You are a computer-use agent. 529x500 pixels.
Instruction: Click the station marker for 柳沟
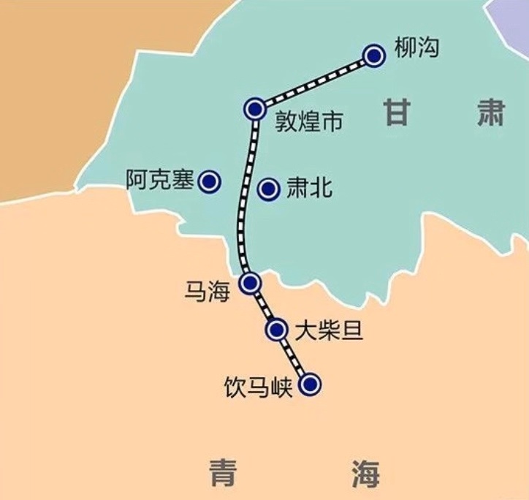click(374, 55)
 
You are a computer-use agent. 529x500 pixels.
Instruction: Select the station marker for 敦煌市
click(254, 109)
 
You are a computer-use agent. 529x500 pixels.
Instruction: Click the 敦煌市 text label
click(308, 121)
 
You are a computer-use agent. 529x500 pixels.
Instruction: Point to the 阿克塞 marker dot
click(210, 181)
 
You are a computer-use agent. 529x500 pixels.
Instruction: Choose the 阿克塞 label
click(159, 179)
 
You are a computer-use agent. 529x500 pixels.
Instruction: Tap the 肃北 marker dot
click(270, 189)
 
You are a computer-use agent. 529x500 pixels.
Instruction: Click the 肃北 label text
click(308, 189)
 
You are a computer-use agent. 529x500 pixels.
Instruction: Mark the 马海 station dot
click(250, 282)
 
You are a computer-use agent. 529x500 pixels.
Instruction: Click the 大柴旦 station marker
click(276, 330)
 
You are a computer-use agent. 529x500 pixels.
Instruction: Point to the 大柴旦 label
click(329, 331)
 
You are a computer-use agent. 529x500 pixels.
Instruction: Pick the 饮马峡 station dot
click(311, 384)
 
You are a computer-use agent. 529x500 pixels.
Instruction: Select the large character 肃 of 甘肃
click(491, 113)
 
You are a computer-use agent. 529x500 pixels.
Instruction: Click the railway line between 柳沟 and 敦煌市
click(314, 82)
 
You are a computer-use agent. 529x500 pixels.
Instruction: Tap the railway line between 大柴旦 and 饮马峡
click(293, 357)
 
